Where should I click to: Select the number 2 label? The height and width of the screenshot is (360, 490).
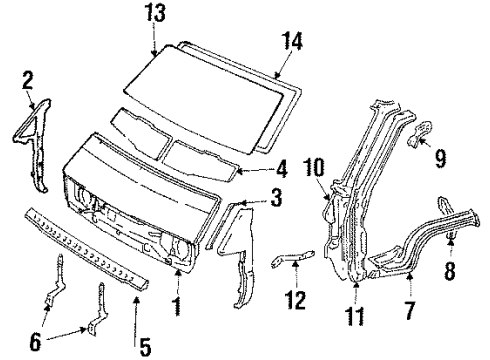click(27, 77)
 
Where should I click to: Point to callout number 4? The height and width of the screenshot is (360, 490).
click(283, 167)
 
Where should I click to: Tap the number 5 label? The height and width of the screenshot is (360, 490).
click(144, 347)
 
